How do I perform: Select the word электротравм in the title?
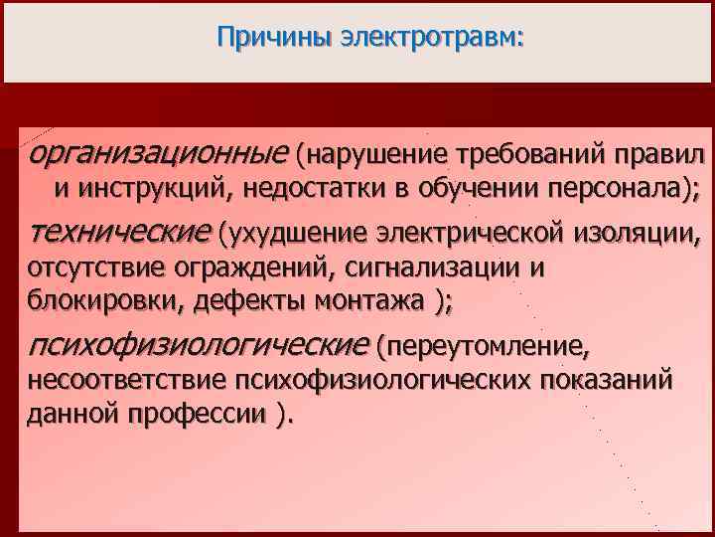click(x=430, y=39)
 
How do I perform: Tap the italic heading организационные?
click(x=157, y=155)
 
